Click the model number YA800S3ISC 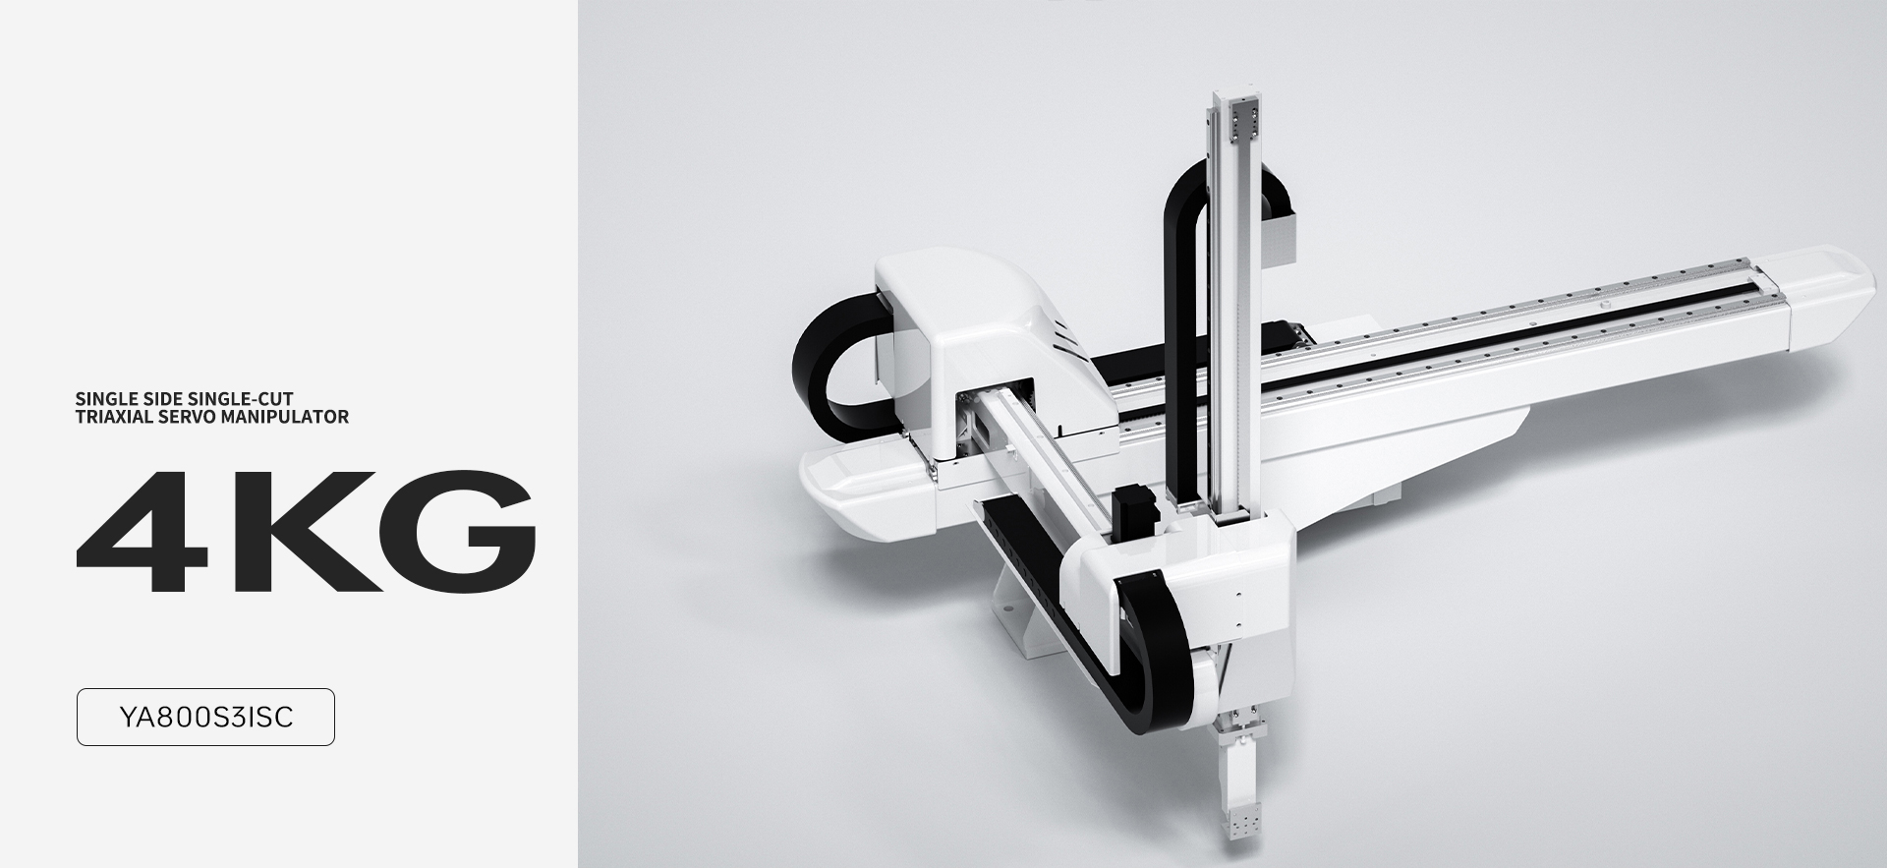[205, 718]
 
